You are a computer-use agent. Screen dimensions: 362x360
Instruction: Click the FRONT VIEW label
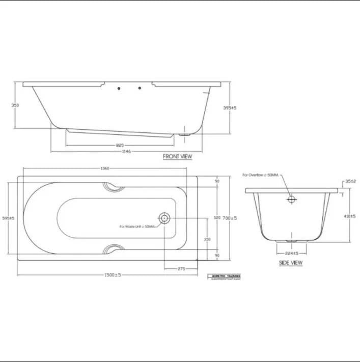(x=177, y=156)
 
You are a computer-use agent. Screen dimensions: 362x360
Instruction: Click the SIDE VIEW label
(x=290, y=263)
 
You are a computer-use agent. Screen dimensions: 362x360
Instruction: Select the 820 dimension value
(x=120, y=145)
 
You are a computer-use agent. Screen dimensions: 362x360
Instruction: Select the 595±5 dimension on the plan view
(x=9, y=218)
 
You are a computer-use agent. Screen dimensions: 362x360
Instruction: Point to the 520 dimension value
(x=217, y=218)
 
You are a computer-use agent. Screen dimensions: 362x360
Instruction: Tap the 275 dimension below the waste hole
(x=181, y=269)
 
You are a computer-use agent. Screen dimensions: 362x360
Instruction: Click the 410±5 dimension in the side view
(x=349, y=216)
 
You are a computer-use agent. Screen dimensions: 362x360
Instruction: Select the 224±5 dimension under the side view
(x=291, y=253)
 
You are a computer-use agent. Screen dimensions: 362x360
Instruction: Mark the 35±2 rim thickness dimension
(x=350, y=181)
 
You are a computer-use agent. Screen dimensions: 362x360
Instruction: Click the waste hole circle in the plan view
(x=164, y=218)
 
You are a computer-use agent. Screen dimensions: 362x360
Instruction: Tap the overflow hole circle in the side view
(x=291, y=200)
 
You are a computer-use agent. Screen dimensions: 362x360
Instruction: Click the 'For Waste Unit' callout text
(x=138, y=226)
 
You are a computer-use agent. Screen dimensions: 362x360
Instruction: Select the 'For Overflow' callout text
(x=261, y=175)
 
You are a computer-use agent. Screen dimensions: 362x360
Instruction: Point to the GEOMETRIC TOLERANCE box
(x=225, y=277)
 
